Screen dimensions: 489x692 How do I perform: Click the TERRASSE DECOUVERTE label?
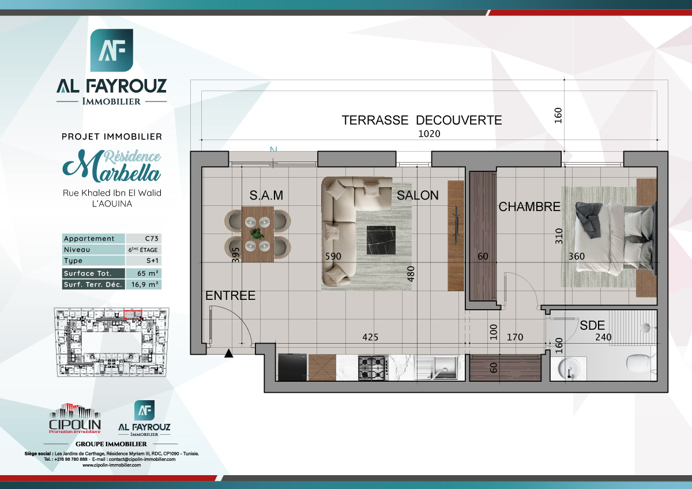click(422, 121)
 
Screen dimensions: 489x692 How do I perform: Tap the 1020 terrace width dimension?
click(429, 134)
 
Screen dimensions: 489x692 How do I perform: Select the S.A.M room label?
click(266, 195)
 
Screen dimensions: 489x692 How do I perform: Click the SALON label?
click(418, 195)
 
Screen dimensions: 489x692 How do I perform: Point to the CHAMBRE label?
click(529, 206)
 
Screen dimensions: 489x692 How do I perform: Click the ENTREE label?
click(230, 296)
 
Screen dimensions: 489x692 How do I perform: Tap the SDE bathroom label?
click(592, 325)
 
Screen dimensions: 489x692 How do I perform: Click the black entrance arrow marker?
click(229, 354)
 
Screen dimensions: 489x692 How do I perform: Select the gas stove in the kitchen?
click(372, 367)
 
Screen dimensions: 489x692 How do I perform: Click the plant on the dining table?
click(257, 234)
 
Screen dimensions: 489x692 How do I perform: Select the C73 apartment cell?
click(144, 239)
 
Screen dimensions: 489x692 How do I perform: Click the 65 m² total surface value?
click(144, 273)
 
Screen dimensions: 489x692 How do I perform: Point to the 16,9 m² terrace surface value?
click(144, 284)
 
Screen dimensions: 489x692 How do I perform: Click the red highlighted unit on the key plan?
click(133, 314)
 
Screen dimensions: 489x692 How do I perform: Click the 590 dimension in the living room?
click(333, 256)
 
